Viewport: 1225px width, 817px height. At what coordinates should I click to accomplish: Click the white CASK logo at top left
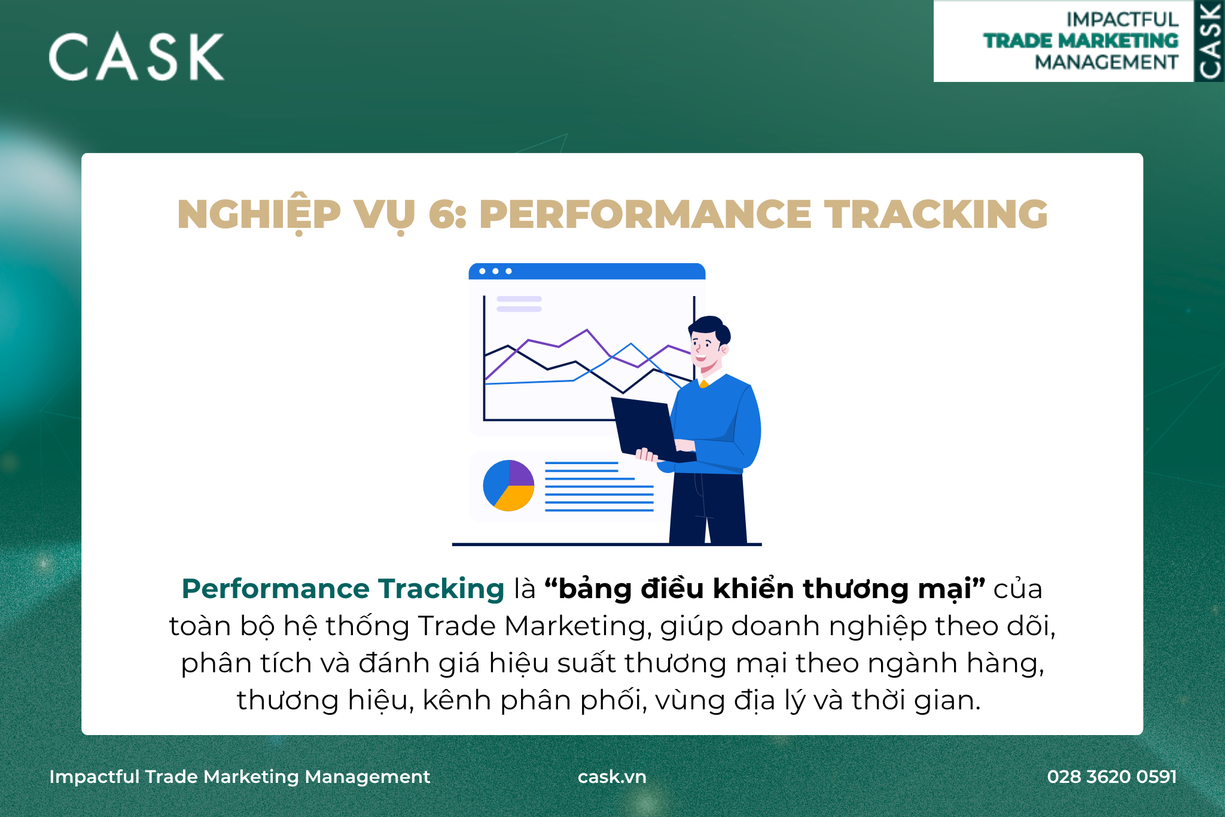click(136, 57)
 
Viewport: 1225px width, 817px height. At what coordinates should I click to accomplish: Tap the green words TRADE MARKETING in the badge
click(1081, 41)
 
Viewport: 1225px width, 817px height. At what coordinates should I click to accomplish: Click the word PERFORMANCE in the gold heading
click(645, 214)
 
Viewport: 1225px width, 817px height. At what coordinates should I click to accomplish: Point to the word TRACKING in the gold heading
click(936, 214)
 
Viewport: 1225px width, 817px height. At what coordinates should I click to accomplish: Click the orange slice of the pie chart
click(514, 498)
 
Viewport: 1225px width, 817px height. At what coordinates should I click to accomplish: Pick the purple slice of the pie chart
click(521, 472)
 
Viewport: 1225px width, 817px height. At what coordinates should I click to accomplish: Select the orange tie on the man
click(704, 384)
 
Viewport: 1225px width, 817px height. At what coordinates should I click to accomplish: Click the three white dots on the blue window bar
click(495, 272)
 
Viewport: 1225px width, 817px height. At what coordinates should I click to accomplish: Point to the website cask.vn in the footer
click(612, 776)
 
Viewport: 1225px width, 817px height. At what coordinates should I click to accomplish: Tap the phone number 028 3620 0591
click(1112, 776)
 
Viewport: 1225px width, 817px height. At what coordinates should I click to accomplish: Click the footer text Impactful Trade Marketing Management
click(240, 777)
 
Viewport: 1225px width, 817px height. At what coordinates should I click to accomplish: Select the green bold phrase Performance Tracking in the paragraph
click(343, 589)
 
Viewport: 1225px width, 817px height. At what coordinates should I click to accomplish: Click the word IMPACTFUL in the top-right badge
click(1122, 19)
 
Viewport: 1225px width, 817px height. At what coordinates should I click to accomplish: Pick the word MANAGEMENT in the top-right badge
click(1107, 62)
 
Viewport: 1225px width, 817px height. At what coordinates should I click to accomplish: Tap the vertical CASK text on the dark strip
click(1209, 41)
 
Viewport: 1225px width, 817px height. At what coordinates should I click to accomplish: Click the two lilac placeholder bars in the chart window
click(519, 304)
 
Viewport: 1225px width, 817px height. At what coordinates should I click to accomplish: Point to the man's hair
click(710, 328)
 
